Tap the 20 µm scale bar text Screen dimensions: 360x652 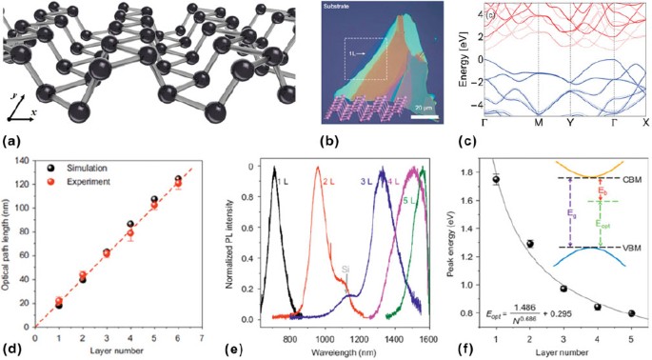coord(412,109)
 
